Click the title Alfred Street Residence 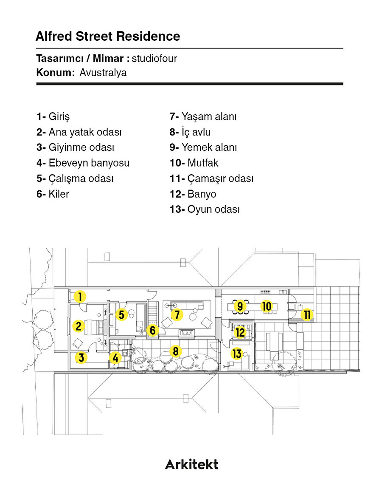pyautogui.click(x=108, y=36)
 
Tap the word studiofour pyautogui.click(x=154, y=58)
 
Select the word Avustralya pyautogui.click(x=103, y=73)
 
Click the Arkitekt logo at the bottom pyautogui.click(x=191, y=464)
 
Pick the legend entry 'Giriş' pyautogui.click(x=53, y=117)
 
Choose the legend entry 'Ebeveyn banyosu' pyautogui.click(x=83, y=163)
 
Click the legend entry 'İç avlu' pyautogui.click(x=190, y=132)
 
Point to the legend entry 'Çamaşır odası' pyautogui.click(x=211, y=178)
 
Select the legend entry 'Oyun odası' pyautogui.click(x=205, y=209)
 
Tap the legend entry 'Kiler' pyautogui.click(x=53, y=194)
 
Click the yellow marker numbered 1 pyautogui.click(x=80, y=296)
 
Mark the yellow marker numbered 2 pyautogui.click(x=78, y=326)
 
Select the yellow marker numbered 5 pyautogui.click(x=121, y=314)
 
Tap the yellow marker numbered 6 pyautogui.click(x=153, y=330)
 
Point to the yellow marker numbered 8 pyautogui.click(x=175, y=351)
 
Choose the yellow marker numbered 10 pyautogui.click(x=267, y=306)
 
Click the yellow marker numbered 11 pyautogui.click(x=307, y=314)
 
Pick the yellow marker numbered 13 pyautogui.click(x=237, y=354)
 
